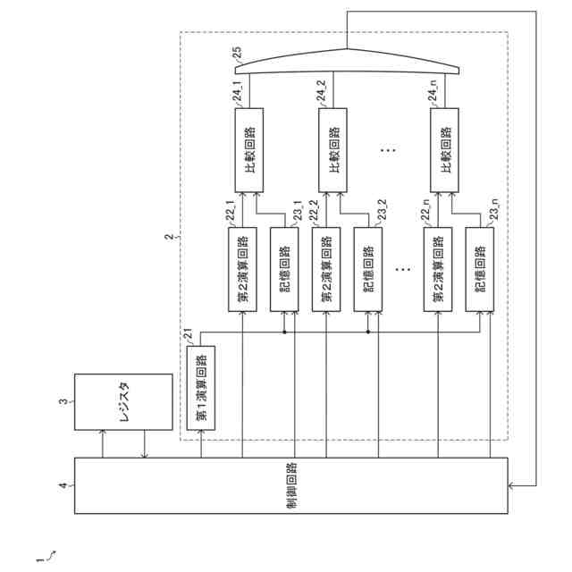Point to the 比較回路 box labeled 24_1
click(248, 147)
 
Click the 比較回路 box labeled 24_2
click(332, 147)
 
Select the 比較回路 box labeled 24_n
click(444, 147)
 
